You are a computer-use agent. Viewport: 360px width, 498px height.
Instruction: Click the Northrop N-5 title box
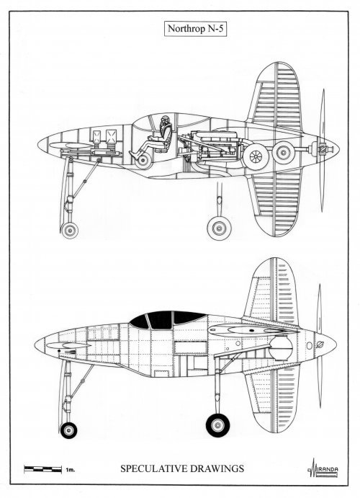[195, 29]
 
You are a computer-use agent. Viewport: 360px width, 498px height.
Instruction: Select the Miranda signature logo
[323, 468]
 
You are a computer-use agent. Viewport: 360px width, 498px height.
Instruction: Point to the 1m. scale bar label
[70, 469]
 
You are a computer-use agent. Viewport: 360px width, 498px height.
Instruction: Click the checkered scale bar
[42, 468]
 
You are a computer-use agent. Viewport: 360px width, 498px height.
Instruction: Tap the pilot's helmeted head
[164, 121]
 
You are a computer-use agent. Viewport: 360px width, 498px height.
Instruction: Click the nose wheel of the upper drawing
[70, 230]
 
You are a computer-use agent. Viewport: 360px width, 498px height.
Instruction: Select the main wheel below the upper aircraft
[219, 228]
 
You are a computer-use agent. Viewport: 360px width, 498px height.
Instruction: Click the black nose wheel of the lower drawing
[68, 430]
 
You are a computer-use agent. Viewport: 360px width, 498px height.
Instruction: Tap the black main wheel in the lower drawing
[218, 425]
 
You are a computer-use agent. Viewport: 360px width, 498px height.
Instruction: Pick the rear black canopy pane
[189, 316]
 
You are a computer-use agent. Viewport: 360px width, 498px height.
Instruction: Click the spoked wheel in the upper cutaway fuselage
[256, 156]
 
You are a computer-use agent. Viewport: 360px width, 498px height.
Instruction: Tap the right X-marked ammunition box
[112, 136]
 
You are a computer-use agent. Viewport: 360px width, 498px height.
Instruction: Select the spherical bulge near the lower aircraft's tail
[281, 347]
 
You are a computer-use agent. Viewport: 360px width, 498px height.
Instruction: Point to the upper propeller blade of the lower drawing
[320, 308]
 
